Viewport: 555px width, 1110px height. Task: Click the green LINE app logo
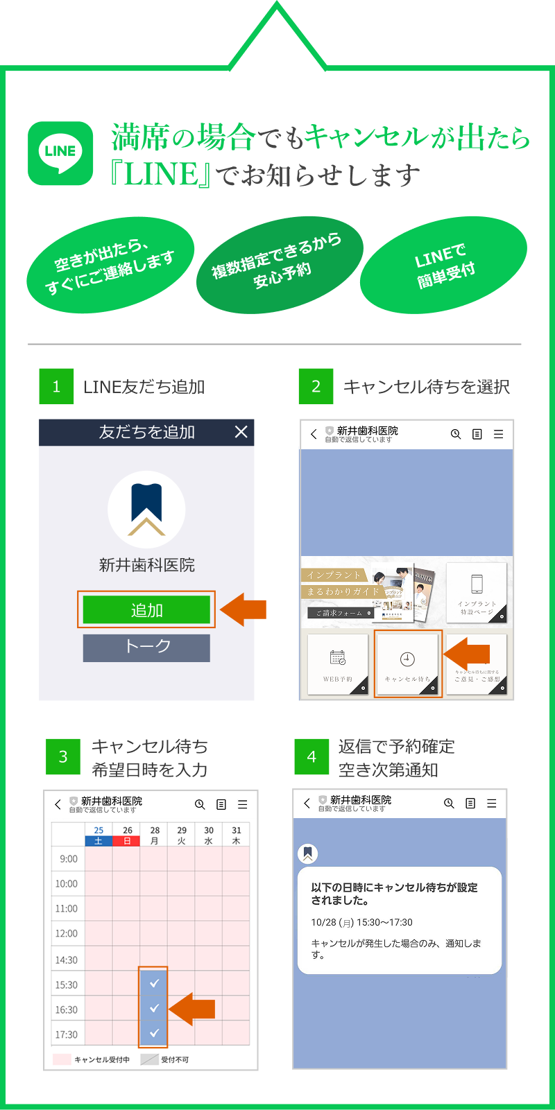point(60,153)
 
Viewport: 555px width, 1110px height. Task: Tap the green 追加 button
point(146,610)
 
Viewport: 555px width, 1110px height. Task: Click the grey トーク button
point(146,648)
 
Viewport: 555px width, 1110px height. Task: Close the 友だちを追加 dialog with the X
point(241,432)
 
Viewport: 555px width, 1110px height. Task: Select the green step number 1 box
point(56,386)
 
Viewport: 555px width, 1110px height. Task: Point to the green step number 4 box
point(311,756)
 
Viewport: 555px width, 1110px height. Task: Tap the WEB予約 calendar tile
point(338,664)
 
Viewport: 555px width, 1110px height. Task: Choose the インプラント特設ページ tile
point(477,592)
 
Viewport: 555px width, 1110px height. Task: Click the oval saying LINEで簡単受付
point(444,266)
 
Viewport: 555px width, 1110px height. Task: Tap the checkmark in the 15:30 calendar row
point(154,983)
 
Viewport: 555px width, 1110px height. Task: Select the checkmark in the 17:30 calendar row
point(154,1033)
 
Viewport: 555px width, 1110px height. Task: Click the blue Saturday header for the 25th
point(99,841)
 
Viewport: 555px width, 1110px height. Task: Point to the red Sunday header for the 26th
point(127,841)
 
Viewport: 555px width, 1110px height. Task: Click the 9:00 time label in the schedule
point(69,859)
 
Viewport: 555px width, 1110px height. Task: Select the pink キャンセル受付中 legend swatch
point(62,1059)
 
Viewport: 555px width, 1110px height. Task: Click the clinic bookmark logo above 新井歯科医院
point(146,510)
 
